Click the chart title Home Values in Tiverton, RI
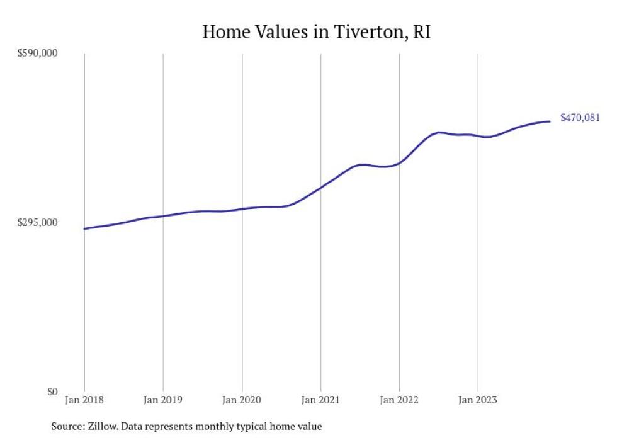316,32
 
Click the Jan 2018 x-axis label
84,400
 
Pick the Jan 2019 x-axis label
163,400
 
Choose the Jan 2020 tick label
242,400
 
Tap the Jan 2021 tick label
320,400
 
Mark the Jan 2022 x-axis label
399,400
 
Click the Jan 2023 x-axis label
478,400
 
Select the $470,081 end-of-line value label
580,118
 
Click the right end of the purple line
550,121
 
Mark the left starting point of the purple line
84,228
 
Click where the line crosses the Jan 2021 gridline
321,187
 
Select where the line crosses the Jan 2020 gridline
242,209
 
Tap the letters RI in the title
421,32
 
